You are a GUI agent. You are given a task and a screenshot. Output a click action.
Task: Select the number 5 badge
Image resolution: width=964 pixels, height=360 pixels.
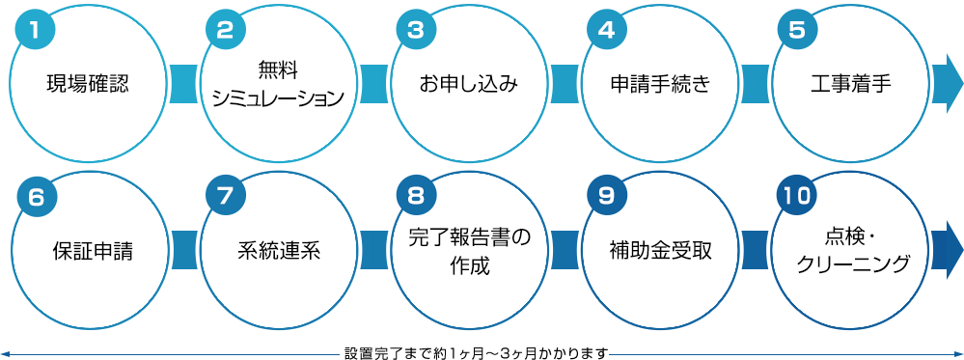797,29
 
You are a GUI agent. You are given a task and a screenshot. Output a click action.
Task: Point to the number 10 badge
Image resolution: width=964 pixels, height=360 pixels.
797,195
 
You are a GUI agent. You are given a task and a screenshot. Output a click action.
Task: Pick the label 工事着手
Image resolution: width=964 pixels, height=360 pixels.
850,84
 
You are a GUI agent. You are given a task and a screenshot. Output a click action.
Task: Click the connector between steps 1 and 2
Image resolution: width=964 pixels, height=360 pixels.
182,84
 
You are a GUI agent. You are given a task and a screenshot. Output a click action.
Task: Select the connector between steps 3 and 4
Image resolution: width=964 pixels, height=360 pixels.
565,84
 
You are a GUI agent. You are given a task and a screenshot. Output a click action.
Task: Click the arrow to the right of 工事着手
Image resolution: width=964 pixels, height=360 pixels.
949,84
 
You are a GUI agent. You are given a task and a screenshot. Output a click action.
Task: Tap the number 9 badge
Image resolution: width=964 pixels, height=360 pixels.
606,195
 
